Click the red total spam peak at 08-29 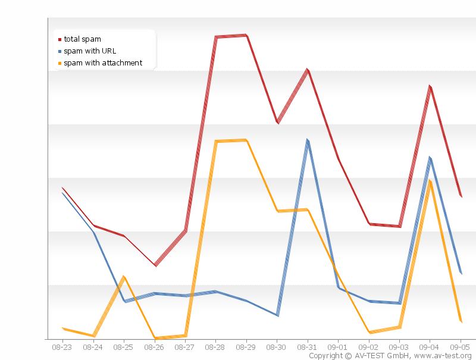click(x=246, y=36)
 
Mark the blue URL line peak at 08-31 click(x=308, y=141)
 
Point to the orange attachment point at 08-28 click(x=215, y=142)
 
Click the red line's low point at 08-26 click(x=155, y=265)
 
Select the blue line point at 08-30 click(x=277, y=315)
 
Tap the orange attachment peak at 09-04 click(x=430, y=181)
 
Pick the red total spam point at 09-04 click(x=430, y=87)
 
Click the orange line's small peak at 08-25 click(x=124, y=277)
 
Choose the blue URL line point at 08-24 click(x=93, y=232)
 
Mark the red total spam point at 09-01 click(x=339, y=159)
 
